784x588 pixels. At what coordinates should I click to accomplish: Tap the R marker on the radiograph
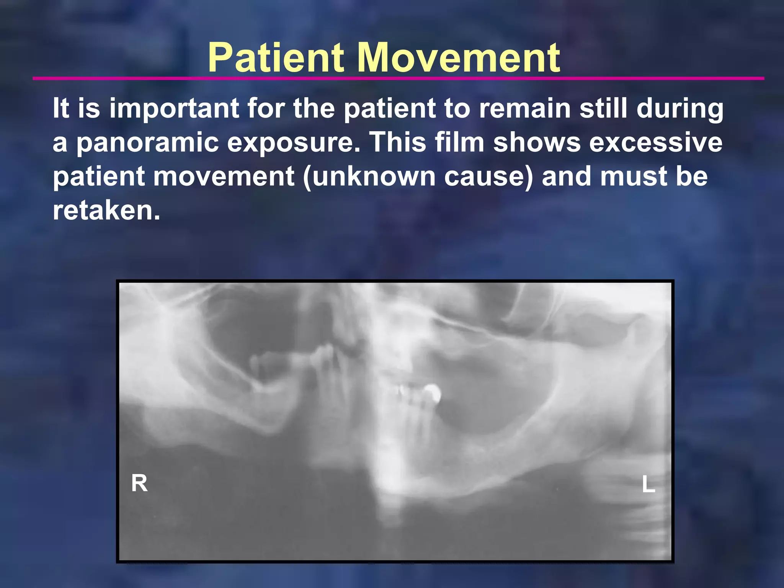139,483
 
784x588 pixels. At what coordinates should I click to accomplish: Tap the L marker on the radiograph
648,484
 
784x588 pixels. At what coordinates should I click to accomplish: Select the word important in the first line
174,108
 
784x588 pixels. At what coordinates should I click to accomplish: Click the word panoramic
147,142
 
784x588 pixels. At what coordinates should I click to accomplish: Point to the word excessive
655,142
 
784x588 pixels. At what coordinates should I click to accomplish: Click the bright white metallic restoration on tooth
433,393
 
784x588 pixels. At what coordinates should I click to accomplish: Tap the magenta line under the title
398,78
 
